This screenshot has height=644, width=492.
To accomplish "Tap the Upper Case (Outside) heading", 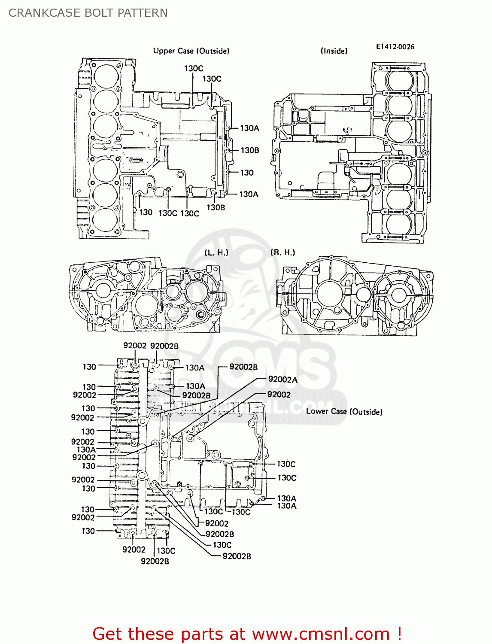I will click(191, 51).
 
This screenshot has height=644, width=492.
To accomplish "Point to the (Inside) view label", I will click(334, 51).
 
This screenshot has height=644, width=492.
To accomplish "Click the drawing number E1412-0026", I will click(395, 46).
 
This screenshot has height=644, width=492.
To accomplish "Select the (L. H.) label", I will click(216, 252).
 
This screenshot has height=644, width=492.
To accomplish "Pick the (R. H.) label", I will click(282, 252).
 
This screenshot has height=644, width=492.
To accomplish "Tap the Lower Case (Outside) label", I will click(344, 411).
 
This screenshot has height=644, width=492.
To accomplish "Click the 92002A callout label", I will click(282, 379).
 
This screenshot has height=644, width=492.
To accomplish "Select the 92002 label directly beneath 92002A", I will click(279, 394).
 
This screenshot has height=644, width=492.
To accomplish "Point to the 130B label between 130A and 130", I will click(249, 150).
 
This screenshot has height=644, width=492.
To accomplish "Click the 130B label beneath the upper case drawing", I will click(216, 207).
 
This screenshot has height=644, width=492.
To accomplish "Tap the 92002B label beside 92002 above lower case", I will click(164, 346).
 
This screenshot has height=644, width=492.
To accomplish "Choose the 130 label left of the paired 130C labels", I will click(146, 212).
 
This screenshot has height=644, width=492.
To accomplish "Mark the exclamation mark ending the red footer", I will click(399, 634).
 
